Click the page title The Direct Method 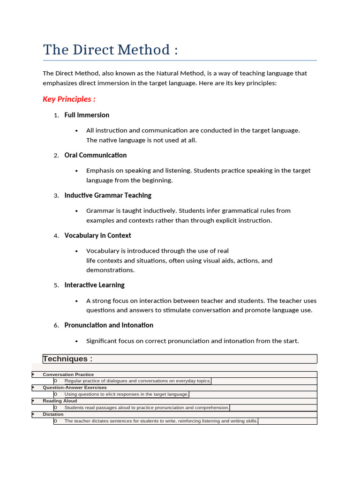click(110, 50)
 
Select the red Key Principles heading click(69, 99)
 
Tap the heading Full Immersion click(87, 115)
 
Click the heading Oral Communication click(96, 155)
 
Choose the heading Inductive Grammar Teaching click(108, 195)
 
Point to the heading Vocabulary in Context click(97, 235)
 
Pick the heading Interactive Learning click(94, 285)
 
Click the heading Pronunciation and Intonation click(109, 325)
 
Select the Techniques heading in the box click(67, 359)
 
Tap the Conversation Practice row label click(68, 375)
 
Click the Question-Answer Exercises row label click(75, 388)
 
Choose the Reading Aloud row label click(60, 401)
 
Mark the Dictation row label click(53, 414)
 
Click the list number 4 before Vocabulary click(56, 236)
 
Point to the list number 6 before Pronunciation click(56, 325)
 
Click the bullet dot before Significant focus click(76, 341)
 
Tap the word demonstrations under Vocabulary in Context click(110, 270)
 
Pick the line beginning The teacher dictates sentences click(161, 421)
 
